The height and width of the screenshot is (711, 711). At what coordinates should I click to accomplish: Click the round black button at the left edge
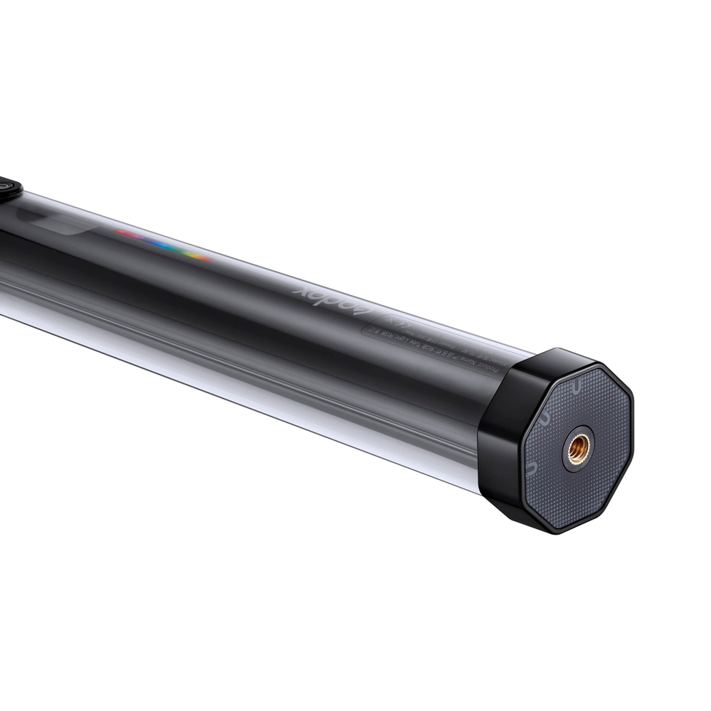coord(9,189)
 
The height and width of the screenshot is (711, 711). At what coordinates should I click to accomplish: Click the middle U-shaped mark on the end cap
coord(544,420)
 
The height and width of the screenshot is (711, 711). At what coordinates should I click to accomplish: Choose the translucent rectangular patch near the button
coord(60,225)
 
